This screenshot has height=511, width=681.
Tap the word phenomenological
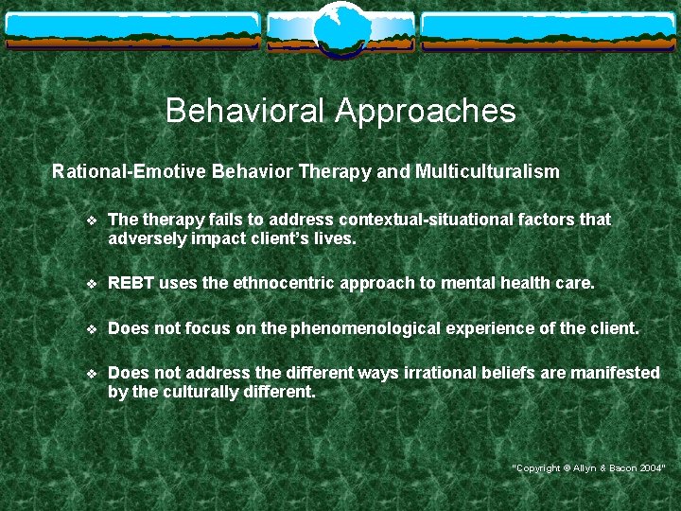[360, 328]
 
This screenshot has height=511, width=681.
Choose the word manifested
[612, 373]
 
